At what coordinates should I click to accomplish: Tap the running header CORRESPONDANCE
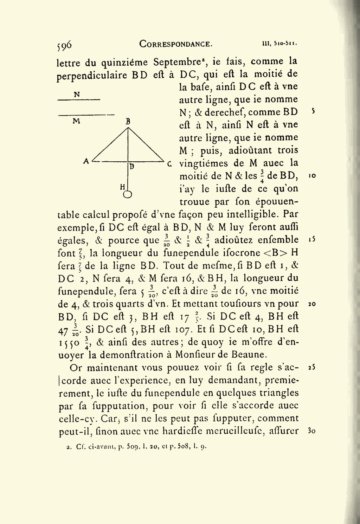(x=176, y=44)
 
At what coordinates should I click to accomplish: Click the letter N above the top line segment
(x=77, y=94)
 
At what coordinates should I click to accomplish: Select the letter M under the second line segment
(x=76, y=121)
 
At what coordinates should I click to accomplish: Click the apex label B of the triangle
(x=128, y=122)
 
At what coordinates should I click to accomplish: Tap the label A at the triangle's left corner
(x=86, y=161)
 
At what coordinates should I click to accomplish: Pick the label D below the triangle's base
(x=131, y=167)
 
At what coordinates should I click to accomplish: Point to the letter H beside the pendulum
(x=122, y=187)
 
